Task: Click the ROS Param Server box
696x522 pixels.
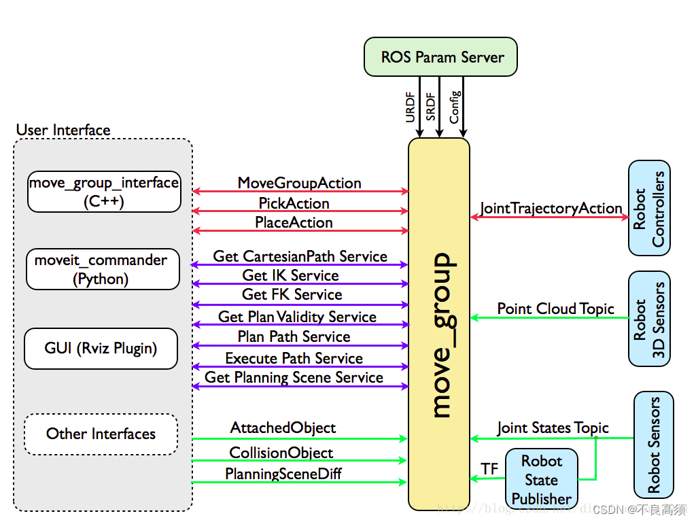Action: tap(440, 57)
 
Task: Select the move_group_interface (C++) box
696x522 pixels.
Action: tap(104, 192)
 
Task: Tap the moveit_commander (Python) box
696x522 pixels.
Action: tap(101, 269)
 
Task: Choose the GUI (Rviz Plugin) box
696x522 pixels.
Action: tap(101, 349)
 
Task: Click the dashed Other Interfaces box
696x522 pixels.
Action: tap(101, 434)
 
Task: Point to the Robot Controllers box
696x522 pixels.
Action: tap(649, 209)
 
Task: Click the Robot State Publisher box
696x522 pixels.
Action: tap(542, 480)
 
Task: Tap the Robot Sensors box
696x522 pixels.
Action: tap(653, 445)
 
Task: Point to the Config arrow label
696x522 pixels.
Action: tap(455, 107)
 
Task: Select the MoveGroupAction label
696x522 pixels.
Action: tap(299, 183)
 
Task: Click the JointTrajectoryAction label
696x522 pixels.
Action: tap(551, 209)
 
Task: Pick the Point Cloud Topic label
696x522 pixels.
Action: tap(555, 309)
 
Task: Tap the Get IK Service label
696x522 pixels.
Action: tap(290, 275)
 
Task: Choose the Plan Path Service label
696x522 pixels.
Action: tap(294, 336)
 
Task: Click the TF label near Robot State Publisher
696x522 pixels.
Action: tap(489, 469)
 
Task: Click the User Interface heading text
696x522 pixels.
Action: tap(63, 130)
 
